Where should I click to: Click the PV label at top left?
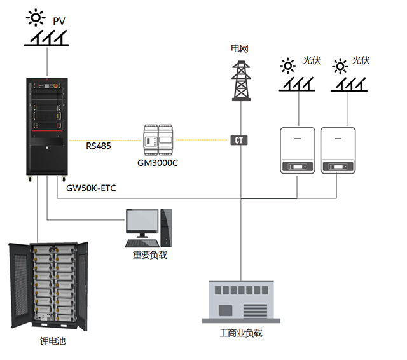pos(59,22)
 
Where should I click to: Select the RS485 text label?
pos(99,146)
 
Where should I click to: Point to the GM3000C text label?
pos(158,162)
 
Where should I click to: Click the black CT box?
pos(239,140)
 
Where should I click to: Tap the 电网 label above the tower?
pos(240,48)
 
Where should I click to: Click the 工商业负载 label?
pos(240,333)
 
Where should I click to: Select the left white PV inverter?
pos(298,150)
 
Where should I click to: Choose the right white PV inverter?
pos(337,150)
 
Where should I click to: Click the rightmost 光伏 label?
pos(361,60)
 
